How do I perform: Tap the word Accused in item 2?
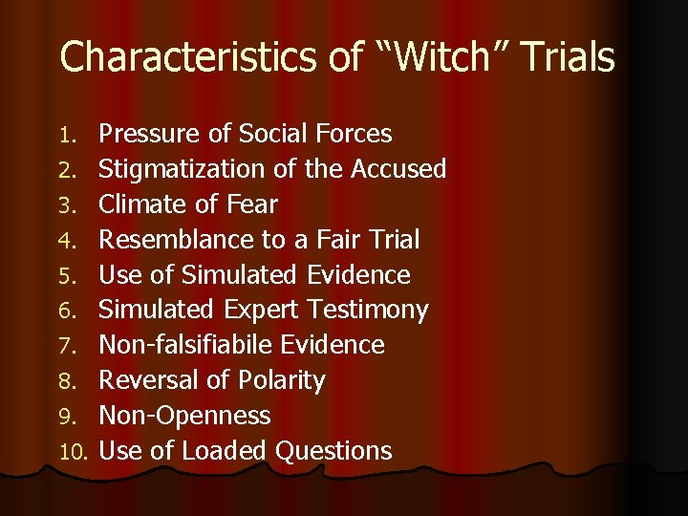pos(398,169)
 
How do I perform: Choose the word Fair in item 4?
pos(324,240)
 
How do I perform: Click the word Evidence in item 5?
pos(359,275)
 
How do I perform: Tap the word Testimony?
pos(368,311)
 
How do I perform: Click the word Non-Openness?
pos(184,416)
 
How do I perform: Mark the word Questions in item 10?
pos(333,451)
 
